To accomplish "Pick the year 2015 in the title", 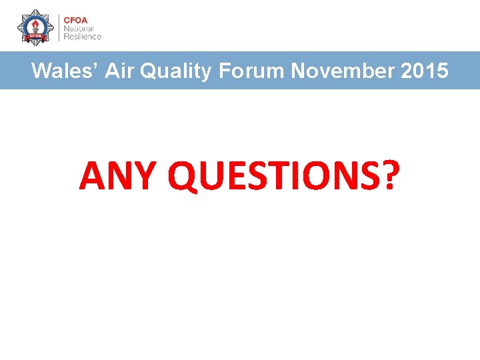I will point(425,71).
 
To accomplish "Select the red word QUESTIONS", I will point(270,176).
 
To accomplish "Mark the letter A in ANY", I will point(91,176).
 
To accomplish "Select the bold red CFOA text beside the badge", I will point(76,19).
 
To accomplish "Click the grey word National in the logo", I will point(78,28).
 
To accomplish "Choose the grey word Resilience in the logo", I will point(83,37).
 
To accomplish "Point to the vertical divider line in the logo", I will point(58,28).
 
